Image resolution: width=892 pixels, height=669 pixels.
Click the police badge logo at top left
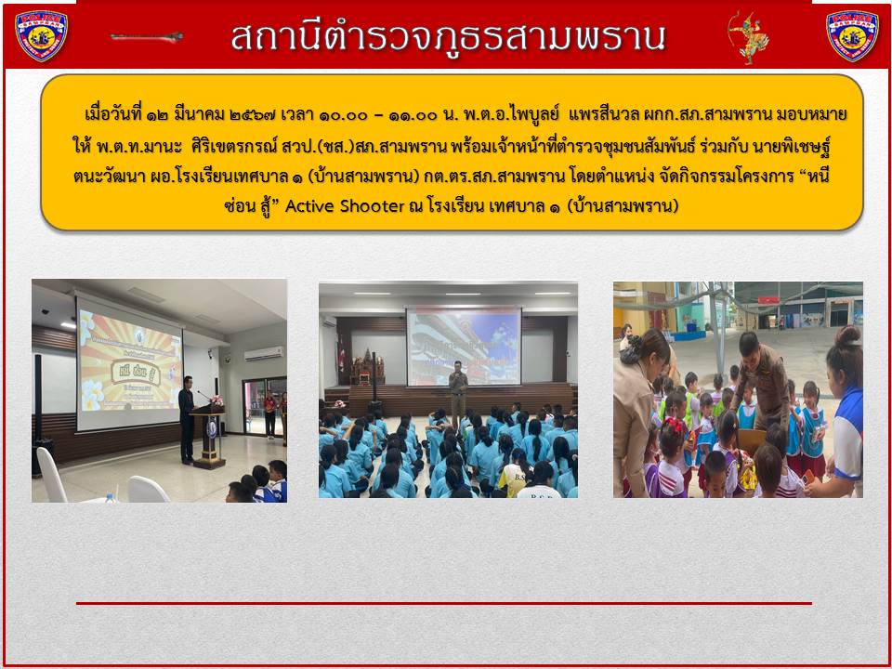pos(41,35)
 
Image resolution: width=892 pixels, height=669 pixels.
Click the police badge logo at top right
pos(852,35)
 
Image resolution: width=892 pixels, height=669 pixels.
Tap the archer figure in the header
pos(748,37)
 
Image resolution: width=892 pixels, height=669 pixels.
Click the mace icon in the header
pos(147,37)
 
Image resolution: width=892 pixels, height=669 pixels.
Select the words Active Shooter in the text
pos(344,206)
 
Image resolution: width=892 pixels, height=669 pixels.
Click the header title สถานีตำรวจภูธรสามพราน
pos(448,37)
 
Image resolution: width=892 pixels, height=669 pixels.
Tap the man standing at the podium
pos(187,420)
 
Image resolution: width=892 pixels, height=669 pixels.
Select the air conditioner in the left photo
pos(264,354)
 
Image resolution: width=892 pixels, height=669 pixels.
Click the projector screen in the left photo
pos(129,363)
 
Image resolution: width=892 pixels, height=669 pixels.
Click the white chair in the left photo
pos(50,475)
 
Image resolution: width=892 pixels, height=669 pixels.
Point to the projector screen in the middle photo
pos(463,347)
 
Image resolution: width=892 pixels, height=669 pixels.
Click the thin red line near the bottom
pos(444,603)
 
